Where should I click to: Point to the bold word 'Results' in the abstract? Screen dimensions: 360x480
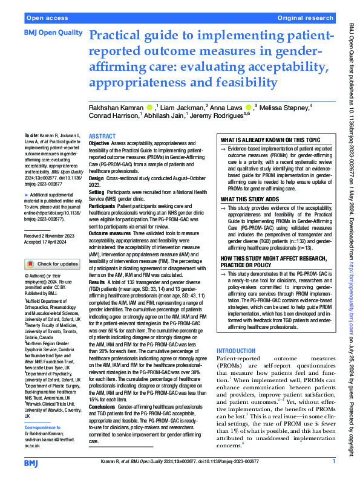[x=98, y=282]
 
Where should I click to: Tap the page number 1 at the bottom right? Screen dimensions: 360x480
[x=334, y=461]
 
